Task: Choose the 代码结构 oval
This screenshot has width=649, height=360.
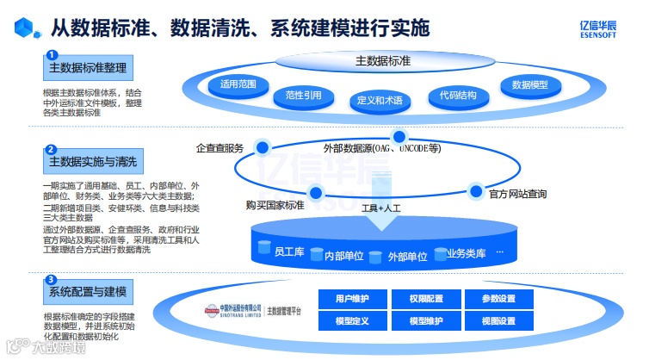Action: (457, 95)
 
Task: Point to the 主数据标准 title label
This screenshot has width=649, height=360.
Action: (382, 62)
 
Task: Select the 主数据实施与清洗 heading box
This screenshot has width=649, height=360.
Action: (92, 161)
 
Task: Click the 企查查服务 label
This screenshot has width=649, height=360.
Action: (220, 147)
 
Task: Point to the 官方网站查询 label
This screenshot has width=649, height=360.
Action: (517, 194)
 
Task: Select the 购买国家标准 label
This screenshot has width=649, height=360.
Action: (275, 205)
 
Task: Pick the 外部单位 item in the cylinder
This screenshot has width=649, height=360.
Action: (407, 256)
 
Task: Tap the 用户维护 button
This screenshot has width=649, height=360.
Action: (351, 299)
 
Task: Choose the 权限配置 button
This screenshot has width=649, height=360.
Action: (424, 299)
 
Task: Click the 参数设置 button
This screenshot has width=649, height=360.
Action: (498, 299)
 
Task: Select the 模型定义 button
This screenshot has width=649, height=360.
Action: (351, 321)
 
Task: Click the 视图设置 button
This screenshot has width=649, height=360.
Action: (498, 321)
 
